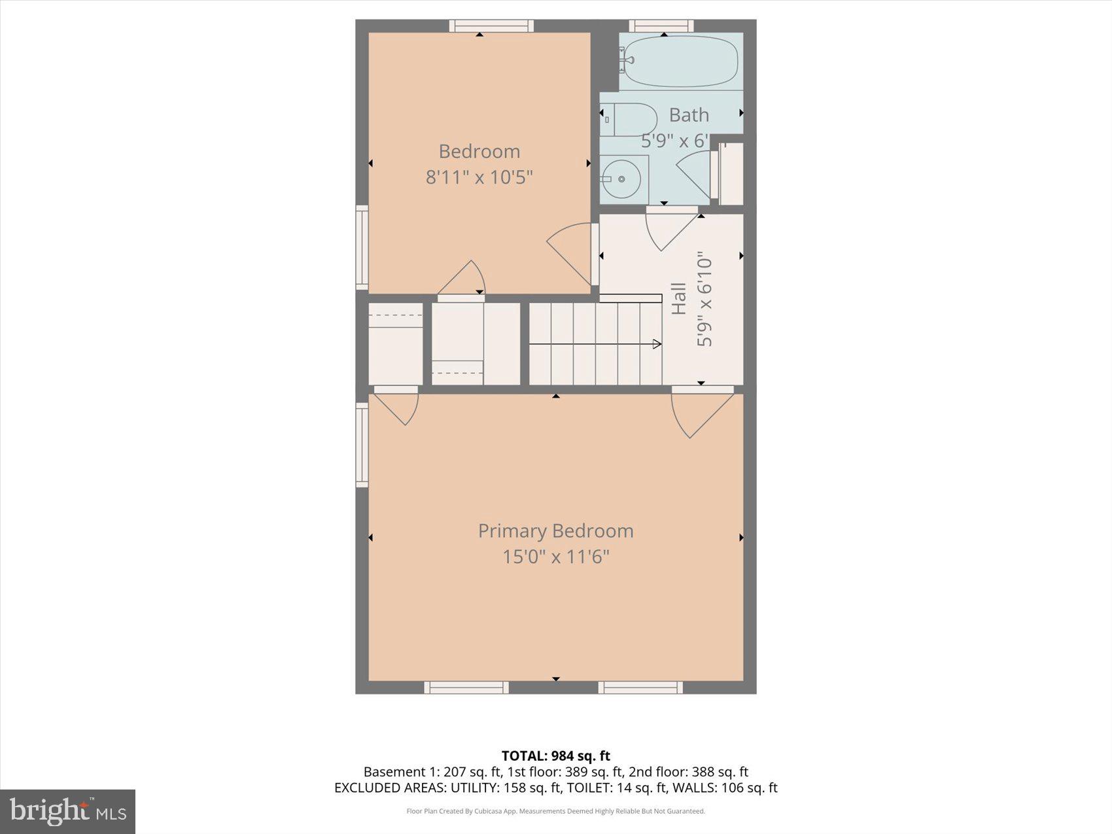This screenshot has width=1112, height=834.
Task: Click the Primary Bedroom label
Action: pos(555,530)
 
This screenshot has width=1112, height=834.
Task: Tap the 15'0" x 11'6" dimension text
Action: pos(555,557)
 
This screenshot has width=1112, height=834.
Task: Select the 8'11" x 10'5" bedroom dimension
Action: pos(479,177)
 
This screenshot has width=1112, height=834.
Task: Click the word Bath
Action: pos(689,115)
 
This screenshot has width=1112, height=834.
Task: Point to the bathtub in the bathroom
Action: pos(680,61)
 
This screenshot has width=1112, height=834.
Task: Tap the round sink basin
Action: pos(622,178)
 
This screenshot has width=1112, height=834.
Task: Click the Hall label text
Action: pos(679,298)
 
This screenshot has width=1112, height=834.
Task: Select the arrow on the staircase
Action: pos(656,344)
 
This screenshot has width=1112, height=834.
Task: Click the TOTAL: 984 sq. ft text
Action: pos(555,756)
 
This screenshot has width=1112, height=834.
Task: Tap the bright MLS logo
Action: pos(67,811)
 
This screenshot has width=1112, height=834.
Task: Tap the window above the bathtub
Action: pos(661,26)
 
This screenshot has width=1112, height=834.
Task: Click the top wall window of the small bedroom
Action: pos(491,26)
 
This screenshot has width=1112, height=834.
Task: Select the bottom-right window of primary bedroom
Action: pos(640,687)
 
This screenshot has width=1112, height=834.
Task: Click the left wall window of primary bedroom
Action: pos(362,445)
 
